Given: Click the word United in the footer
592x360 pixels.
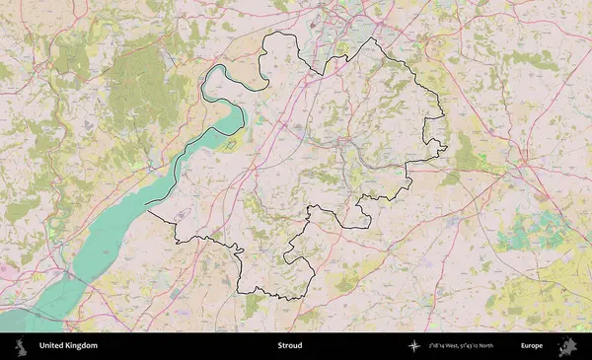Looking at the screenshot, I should [52, 346].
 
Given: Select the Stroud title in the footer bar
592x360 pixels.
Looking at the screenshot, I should [290, 346].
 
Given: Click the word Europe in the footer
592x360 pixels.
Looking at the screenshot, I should [532, 346].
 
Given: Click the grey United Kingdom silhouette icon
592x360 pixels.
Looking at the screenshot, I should [20, 346].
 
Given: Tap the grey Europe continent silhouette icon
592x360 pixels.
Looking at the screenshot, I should [569, 346].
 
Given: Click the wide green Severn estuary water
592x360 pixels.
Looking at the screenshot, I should [109, 242].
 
